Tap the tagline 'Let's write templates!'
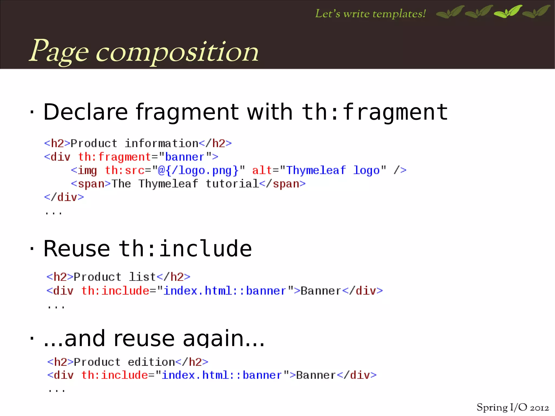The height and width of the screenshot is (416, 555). pos(370,14)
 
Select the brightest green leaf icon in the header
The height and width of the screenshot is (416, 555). pos(508,12)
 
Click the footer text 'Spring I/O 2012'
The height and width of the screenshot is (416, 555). pos(512,407)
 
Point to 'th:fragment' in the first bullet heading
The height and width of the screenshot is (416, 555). pos(375,112)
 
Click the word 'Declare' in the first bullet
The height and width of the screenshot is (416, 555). pos(85,112)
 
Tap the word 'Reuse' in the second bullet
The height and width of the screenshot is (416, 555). pos(77,249)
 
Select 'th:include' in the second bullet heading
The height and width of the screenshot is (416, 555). pos(185,249)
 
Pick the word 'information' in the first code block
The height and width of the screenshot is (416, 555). pos(162,143)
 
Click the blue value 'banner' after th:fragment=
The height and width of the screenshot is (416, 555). pos(185,157)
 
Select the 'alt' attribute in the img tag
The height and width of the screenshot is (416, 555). pos(262,170)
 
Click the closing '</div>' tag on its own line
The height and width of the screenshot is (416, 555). pos(64,197)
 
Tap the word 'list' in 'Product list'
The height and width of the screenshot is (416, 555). pos(142,277)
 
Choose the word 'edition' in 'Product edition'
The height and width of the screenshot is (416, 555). pos(151,362)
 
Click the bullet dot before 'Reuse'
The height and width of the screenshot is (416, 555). pos(32,248)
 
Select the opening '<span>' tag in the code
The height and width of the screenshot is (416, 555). pos(91,184)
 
